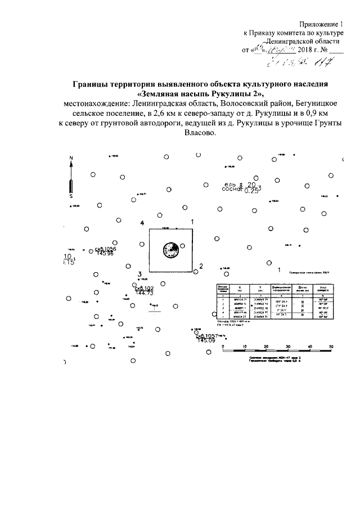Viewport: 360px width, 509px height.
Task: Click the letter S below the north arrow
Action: point(71,197)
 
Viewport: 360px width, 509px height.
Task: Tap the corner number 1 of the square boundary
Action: point(192,222)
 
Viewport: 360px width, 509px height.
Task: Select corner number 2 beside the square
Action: point(200,265)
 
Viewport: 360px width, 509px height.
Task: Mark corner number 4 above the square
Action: point(143,223)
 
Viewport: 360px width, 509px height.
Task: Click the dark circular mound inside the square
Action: point(170,248)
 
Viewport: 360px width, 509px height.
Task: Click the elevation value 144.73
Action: point(145,294)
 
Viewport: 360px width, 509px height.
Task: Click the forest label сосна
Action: point(232,190)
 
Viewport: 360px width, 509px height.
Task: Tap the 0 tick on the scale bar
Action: point(223,346)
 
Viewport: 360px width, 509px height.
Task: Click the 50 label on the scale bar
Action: point(331,346)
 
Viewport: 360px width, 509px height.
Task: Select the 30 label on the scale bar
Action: point(287,346)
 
